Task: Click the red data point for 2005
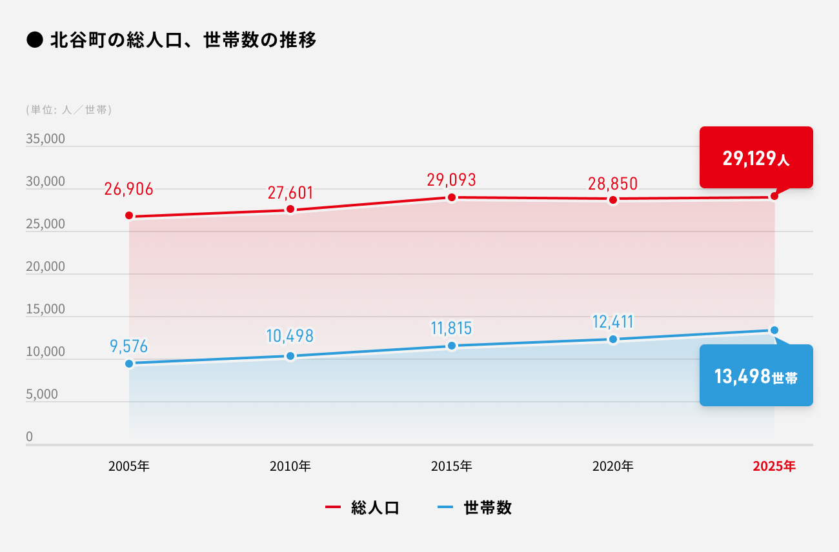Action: (x=129, y=215)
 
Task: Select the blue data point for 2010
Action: (x=290, y=356)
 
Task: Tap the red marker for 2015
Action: (x=452, y=197)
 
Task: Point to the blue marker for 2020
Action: (x=613, y=339)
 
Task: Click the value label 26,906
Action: (x=129, y=189)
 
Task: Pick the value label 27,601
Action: (x=290, y=193)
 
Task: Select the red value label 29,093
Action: (x=451, y=180)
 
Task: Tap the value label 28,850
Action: (x=612, y=183)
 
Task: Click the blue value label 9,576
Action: (x=129, y=347)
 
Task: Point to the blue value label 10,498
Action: (x=290, y=336)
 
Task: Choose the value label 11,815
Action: (x=451, y=328)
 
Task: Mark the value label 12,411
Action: (x=612, y=321)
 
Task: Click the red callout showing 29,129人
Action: (x=756, y=158)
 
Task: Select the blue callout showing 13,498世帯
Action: (x=756, y=376)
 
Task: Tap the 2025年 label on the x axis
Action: (x=774, y=466)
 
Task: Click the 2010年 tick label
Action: (x=290, y=466)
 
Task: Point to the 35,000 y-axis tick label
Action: (x=45, y=139)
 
